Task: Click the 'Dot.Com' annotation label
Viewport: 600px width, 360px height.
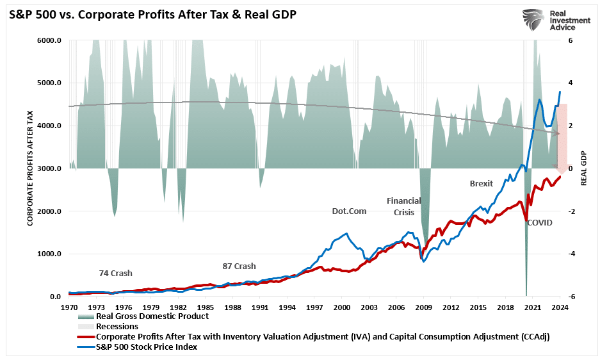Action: coord(349,211)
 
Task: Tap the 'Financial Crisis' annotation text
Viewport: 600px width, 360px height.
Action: coord(404,206)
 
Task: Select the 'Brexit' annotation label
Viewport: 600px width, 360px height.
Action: coord(482,183)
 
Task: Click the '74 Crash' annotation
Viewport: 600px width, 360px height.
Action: coord(115,273)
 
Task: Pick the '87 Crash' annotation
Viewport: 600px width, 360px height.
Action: coord(239,266)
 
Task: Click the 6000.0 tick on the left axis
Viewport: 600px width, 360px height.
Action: coord(49,40)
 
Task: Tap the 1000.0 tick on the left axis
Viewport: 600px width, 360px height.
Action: coord(49,254)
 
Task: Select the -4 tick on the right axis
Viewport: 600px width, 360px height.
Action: coord(571,254)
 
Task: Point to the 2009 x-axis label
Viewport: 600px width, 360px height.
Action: coord(423,307)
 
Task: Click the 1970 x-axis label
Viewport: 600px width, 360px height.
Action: coord(69,307)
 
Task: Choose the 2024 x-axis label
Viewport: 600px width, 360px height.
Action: coord(560,307)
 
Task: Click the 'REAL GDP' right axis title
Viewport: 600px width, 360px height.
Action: coord(583,168)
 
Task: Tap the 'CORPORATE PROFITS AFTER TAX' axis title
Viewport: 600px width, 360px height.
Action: coord(29,168)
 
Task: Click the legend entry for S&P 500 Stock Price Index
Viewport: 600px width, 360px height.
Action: coord(146,347)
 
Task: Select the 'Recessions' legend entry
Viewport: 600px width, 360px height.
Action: coord(117,326)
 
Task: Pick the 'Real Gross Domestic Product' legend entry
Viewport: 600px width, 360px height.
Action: coord(152,316)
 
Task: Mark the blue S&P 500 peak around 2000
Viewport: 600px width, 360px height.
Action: coord(346,233)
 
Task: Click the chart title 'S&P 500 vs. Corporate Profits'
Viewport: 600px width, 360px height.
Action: coord(152,13)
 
